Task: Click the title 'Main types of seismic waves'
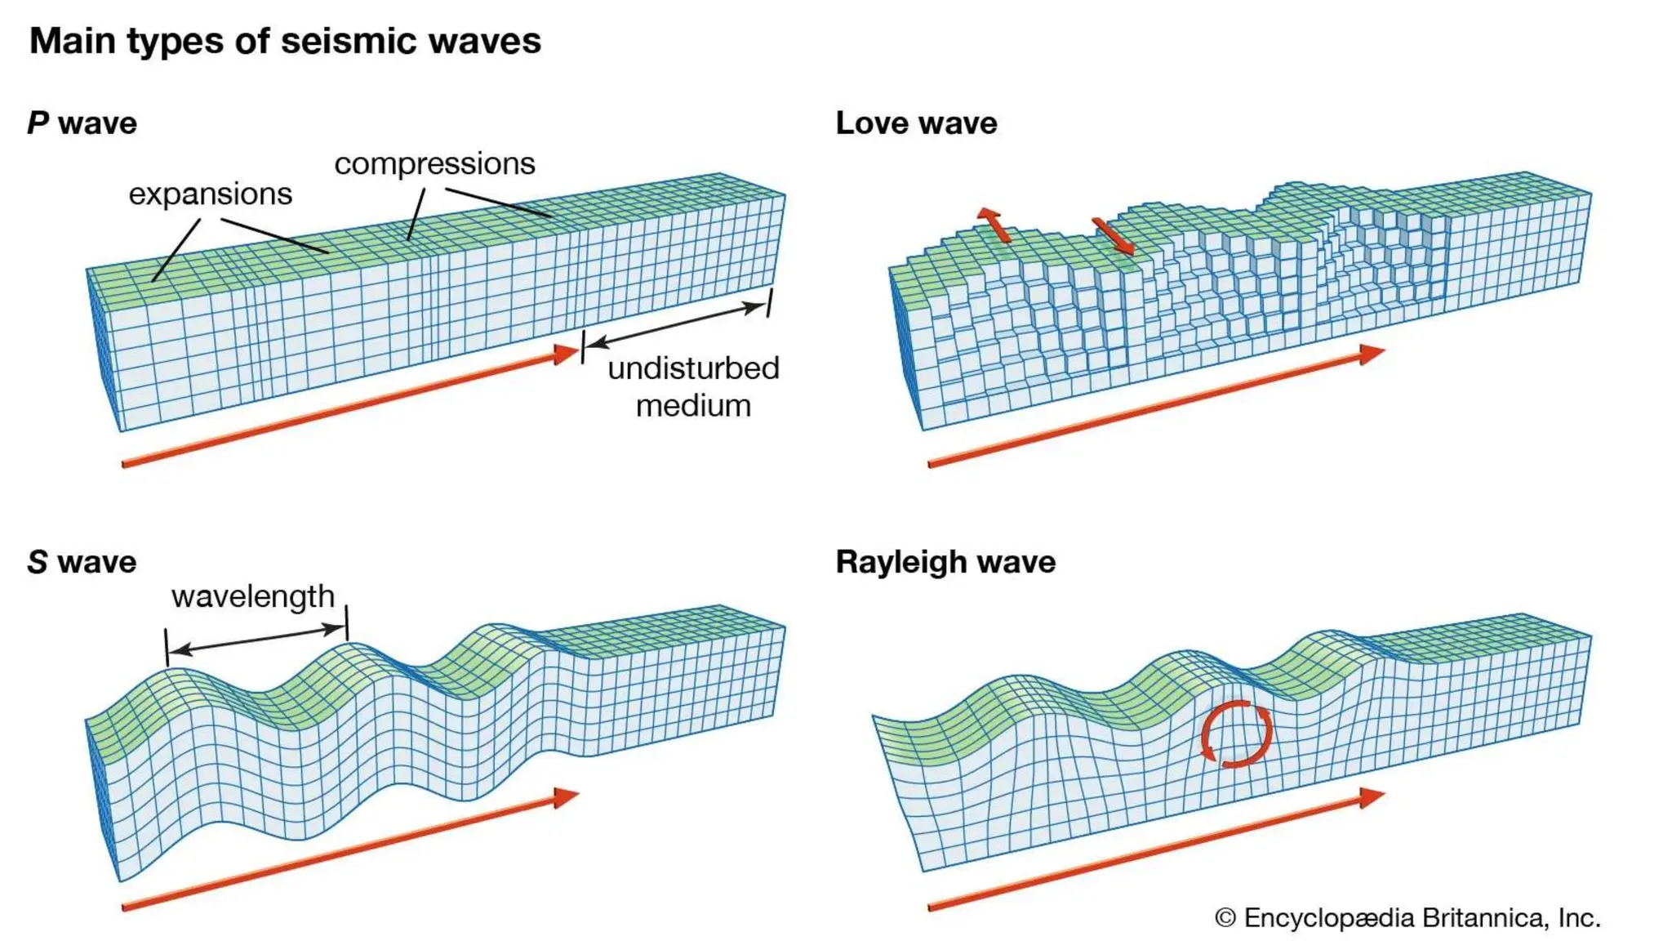coord(285,41)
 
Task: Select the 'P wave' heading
coord(82,123)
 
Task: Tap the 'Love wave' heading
coord(916,123)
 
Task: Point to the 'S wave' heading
coord(82,562)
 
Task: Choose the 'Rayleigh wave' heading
coord(945,562)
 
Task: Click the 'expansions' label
coord(210,194)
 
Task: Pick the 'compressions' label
coord(434,163)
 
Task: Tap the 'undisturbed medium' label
coord(693,386)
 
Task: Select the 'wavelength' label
coord(253,596)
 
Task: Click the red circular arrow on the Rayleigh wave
coord(1236,734)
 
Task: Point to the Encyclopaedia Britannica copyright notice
coord(1407,917)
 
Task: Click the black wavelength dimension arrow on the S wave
coord(257,639)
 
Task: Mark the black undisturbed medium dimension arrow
coord(676,325)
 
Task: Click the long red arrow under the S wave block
coord(351,850)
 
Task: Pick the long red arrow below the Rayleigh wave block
coord(1156,850)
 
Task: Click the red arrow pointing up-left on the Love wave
coord(994,225)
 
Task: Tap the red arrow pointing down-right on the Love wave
coord(1114,236)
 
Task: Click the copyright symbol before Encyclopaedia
coord(1225,918)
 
